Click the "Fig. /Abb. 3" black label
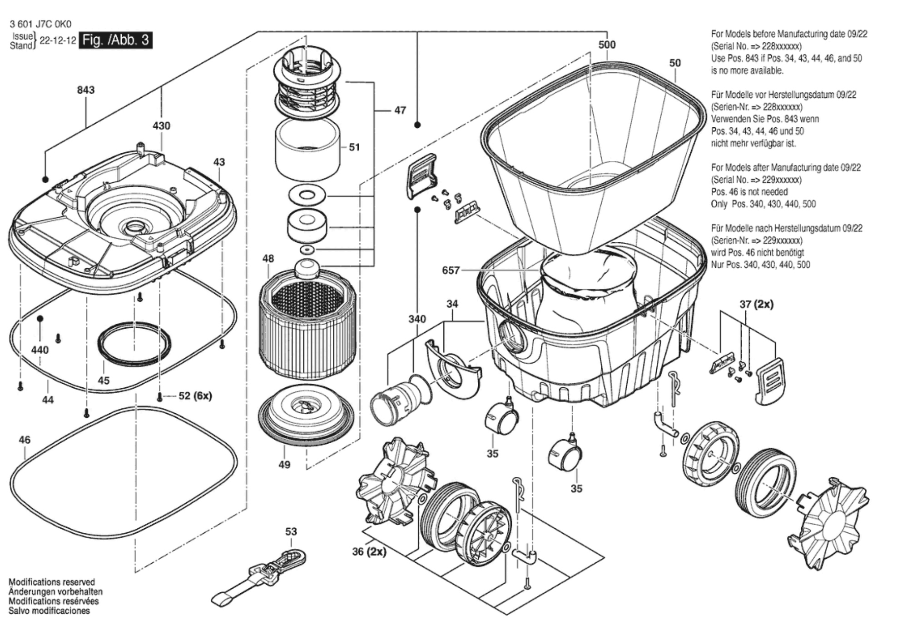click(x=115, y=40)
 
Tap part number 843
click(x=86, y=90)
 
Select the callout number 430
click(x=161, y=125)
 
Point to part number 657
click(x=451, y=270)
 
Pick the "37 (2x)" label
click(x=756, y=304)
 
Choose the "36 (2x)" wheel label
click(x=369, y=551)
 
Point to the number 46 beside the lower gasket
click(x=25, y=440)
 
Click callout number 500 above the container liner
click(x=607, y=45)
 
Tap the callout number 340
click(x=417, y=319)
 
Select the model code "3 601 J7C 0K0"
click(x=40, y=24)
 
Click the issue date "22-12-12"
click(x=58, y=40)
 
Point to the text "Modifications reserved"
click(x=52, y=582)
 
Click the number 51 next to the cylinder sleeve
click(x=354, y=147)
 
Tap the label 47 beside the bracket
click(x=400, y=110)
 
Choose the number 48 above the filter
click(x=268, y=259)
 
